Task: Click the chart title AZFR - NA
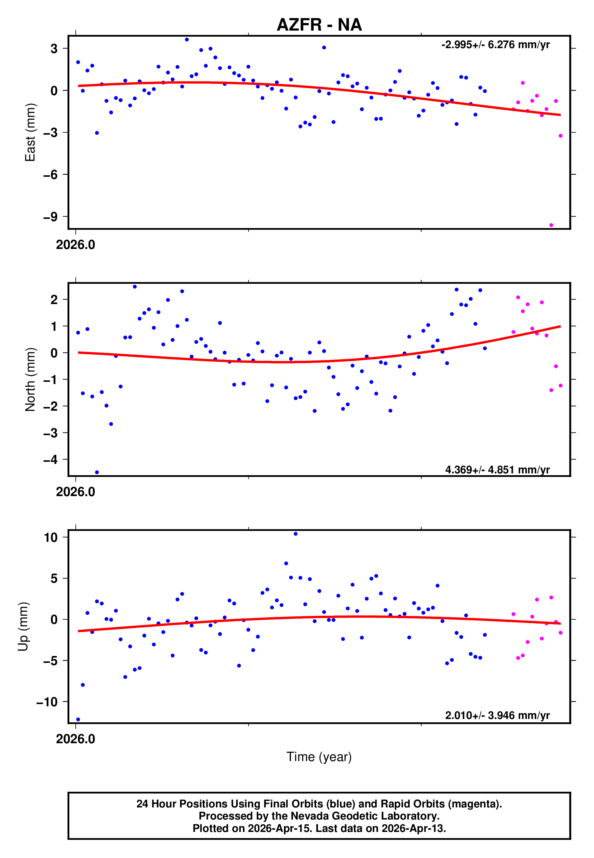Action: pos(319,25)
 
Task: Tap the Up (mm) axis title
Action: pos(23,627)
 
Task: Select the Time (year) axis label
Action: pos(319,757)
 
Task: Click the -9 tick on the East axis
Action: pos(51,217)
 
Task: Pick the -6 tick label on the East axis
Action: pos(51,174)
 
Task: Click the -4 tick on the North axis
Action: pos(51,460)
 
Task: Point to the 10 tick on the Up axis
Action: pos(51,538)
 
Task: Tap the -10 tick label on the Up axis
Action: pos(47,702)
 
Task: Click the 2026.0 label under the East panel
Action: pos(76,245)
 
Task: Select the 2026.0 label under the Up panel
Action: pos(76,739)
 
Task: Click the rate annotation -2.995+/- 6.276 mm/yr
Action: pos(495,45)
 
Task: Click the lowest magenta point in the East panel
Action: pos(551,225)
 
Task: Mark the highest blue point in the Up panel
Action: pos(295,534)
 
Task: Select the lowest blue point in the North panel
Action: pos(97,472)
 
